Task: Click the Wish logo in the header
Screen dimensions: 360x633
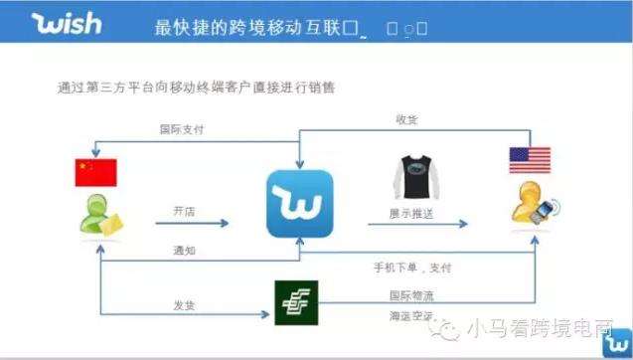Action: pos(68,24)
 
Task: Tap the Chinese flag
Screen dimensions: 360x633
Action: pos(95,173)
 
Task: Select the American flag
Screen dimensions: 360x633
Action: pos(529,160)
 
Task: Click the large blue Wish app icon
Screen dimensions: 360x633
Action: pos(299,204)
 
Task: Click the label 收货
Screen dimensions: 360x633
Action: pos(405,120)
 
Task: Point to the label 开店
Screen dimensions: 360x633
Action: pos(185,211)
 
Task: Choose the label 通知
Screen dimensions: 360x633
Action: pos(184,250)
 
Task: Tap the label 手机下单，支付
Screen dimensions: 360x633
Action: pos(412,269)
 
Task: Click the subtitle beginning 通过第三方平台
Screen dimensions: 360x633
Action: pos(197,87)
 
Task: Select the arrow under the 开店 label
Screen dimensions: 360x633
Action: pos(185,225)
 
